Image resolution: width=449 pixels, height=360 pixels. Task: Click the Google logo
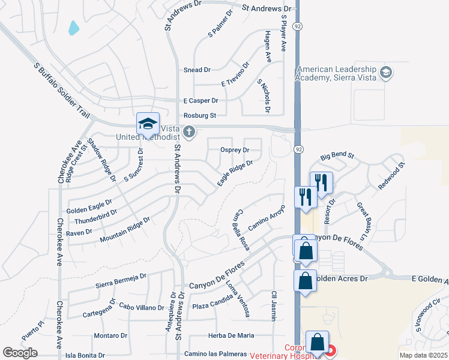pyautogui.click(x=20, y=352)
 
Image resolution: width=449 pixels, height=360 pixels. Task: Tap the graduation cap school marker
pyautogui.click(x=148, y=124)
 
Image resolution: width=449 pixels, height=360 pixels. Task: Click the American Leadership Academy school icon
pyautogui.click(x=386, y=73)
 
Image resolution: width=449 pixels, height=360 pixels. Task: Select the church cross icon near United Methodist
pyautogui.click(x=190, y=131)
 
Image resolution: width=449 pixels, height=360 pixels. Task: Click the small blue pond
pyautogui.click(x=74, y=28)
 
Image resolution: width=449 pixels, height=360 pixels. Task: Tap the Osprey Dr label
pyautogui.click(x=235, y=149)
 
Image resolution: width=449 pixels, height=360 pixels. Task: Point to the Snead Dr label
pyautogui.click(x=197, y=70)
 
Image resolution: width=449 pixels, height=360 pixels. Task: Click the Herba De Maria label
pyautogui.click(x=231, y=335)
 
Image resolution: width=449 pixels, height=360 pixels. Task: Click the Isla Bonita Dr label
pyautogui.click(x=85, y=355)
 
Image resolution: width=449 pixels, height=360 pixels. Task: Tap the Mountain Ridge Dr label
pyautogui.click(x=125, y=230)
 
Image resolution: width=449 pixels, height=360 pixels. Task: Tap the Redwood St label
pyautogui.click(x=392, y=176)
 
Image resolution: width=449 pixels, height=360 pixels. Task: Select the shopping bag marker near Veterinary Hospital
pyautogui.click(x=316, y=343)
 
